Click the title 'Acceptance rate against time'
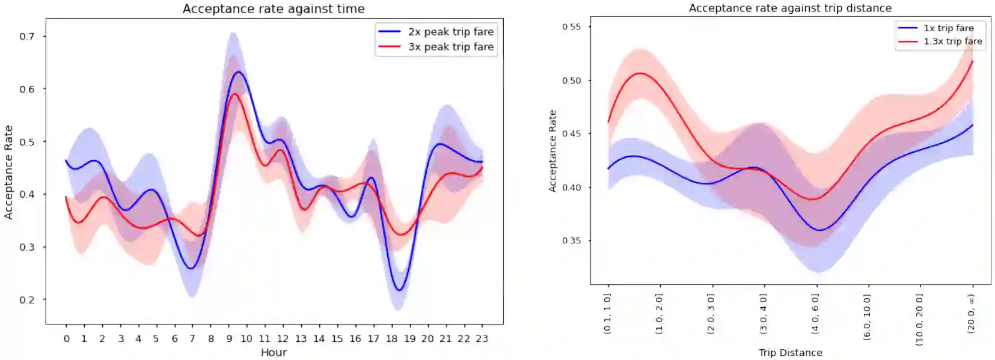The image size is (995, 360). pyautogui.click(x=274, y=9)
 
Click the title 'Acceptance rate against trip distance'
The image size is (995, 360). pyautogui.click(x=790, y=8)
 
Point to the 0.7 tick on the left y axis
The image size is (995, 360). pyautogui.click(x=27, y=37)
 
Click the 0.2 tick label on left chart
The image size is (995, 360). pyautogui.click(x=27, y=300)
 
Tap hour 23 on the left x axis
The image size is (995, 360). pyautogui.click(x=482, y=339)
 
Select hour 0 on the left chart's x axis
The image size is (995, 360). pyautogui.click(x=66, y=339)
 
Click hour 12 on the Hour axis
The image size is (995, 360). pyautogui.click(x=283, y=339)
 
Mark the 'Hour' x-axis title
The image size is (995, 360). pyautogui.click(x=274, y=352)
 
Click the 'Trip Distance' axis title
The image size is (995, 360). pyautogui.click(x=790, y=353)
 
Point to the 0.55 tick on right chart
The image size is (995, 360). pyautogui.click(x=571, y=27)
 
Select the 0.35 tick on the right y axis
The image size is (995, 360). pyautogui.click(x=571, y=241)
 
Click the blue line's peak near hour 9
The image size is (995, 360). pyautogui.click(x=238, y=72)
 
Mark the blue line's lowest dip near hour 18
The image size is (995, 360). pyautogui.click(x=399, y=291)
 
